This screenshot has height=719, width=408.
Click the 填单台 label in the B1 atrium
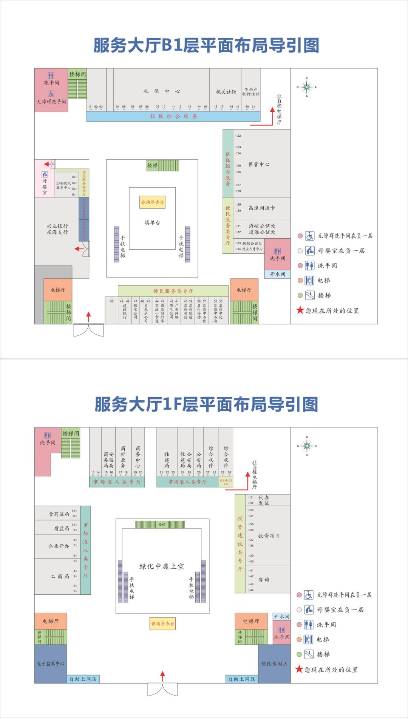tap(152, 223)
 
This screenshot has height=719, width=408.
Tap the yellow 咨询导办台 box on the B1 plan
tap(152, 202)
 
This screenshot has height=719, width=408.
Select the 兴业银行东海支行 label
tap(57, 229)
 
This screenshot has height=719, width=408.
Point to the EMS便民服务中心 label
tap(63, 185)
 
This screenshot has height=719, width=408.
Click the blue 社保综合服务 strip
tap(173, 116)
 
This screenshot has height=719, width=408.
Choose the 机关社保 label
tap(226, 92)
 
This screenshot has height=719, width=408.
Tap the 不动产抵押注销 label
tap(251, 92)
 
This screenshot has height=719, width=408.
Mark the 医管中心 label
tap(259, 164)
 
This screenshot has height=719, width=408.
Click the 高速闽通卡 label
tap(262, 208)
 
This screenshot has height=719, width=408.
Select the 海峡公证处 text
tap(262, 226)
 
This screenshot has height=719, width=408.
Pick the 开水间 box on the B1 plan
tap(278, 275)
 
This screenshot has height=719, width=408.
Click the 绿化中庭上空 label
tap(162, 566)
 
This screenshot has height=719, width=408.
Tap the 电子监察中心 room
tap(51, 663)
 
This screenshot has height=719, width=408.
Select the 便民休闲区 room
tap(274, 663)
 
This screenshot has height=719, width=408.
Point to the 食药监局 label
tap(59, 514)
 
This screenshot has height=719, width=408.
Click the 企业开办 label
tap(59, 546)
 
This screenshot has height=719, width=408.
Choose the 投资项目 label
tap(269, 536)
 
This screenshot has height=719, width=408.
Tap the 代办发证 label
tap(264, 500)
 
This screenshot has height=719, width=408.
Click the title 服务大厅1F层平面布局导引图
tap(206, 404)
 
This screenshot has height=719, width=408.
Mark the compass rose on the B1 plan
tap(307, 87)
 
